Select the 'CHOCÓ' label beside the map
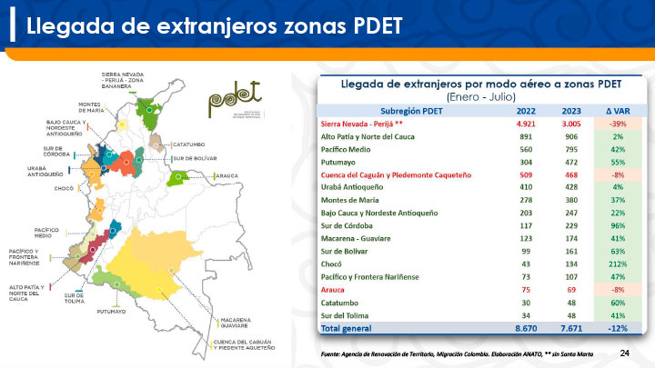point(64,188)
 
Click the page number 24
point(624,352)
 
